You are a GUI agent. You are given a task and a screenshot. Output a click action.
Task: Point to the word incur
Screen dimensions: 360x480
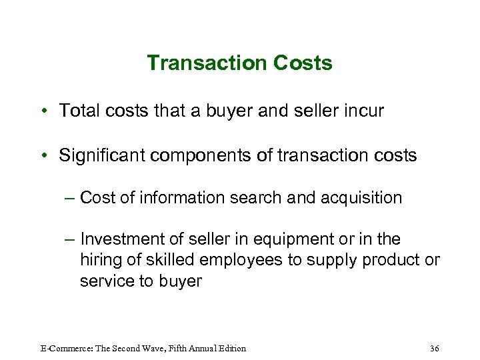[363, 111]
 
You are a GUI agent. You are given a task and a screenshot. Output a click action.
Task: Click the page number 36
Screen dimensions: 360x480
[435, 348]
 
